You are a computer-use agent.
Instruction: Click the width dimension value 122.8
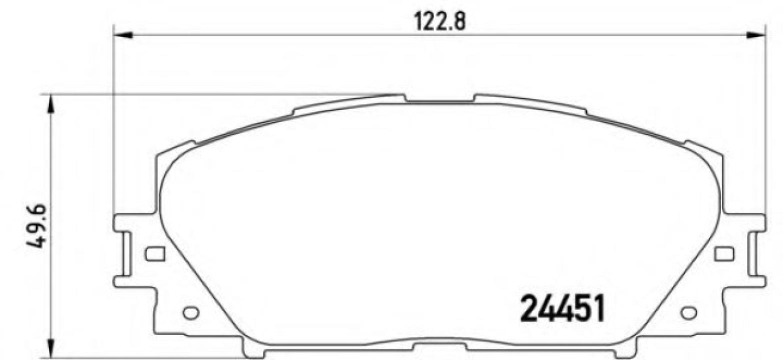[x=439, y=22]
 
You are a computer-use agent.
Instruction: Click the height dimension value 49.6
[x=38, y=226]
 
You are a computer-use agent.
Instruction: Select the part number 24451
[x=562, y=308]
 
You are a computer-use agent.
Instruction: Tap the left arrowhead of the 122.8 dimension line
[x=123, y=35]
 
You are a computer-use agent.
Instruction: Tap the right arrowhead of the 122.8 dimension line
[x=756, y=35]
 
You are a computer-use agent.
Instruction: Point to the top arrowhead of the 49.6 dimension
[x=50, y=103]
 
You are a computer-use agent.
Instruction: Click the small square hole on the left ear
[x=154, y=254]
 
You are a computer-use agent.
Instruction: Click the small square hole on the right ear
[x=724, y=254]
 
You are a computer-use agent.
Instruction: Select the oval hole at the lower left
[x=190, y=313]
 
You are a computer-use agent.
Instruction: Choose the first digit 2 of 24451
[x=529, y=308]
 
